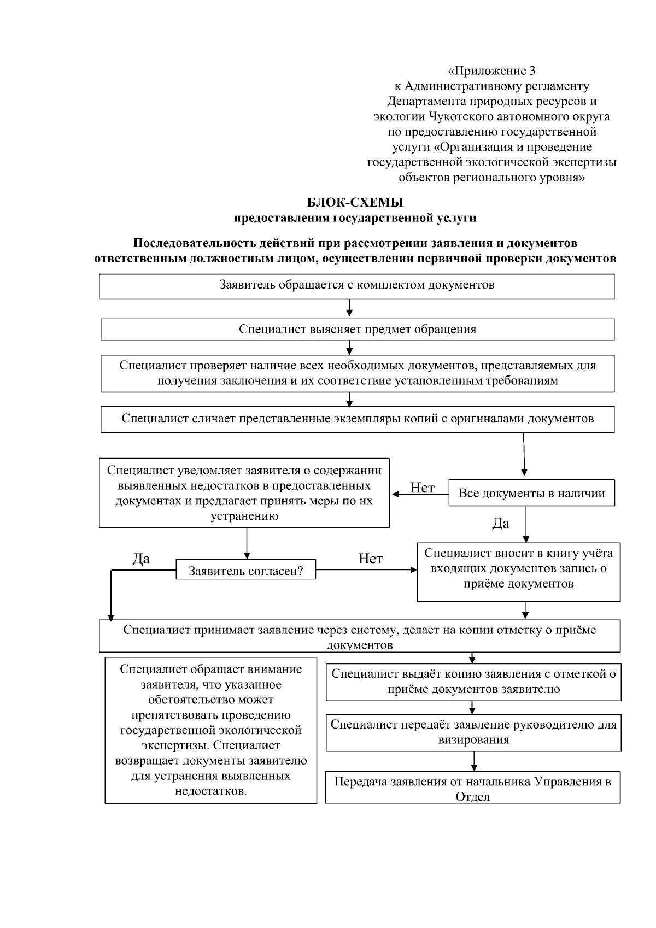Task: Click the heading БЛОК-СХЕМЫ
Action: (x=355, y=203)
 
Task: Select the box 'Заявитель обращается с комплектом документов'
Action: (x=356, y=286)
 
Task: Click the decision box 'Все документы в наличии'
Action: (x=531, y=493)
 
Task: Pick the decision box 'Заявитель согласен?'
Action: (x=245, y=571)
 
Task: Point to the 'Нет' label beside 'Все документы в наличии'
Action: (x=422, y=488)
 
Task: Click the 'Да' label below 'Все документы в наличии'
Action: (x=501, y=524)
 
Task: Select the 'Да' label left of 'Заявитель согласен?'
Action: (x=141, y=559)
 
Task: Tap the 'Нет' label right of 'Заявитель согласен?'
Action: (x=370, y=559)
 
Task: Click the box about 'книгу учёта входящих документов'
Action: (x=518, y=571)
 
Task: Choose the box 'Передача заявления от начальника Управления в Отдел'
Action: (x=473, y=788)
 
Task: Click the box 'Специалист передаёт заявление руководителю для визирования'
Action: (x=473, y=732)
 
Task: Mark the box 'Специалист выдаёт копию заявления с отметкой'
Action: (x=473, y=682)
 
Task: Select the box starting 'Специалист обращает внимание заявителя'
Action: (x=211, y=730)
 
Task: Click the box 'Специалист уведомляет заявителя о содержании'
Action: (x=244, y=494)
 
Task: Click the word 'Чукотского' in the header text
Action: (x=461, y=116)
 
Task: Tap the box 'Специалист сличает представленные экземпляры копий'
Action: (x=358, y=419)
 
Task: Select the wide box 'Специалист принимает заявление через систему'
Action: (x=359, y=636)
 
